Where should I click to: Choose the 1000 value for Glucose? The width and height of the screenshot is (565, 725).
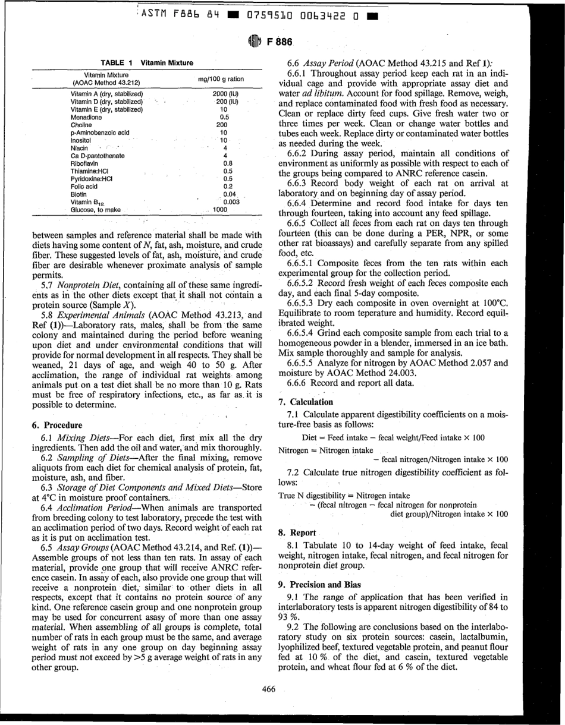point(220,209)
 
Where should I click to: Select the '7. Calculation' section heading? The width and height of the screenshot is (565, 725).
point(305,402)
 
